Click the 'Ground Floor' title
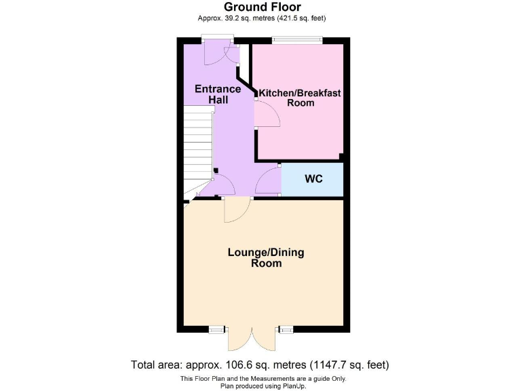[262, 7]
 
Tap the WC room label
[313, 179]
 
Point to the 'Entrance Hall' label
[218, 94]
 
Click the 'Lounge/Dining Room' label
[265, 257]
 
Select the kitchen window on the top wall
[296, 39]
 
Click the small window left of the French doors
[216, 330]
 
